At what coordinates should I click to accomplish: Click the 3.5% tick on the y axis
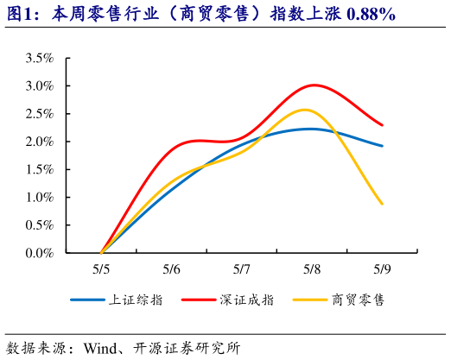(x=40, y=58)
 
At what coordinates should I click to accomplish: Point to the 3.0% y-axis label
(x=40, y=86)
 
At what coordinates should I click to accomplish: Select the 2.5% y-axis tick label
(x=40, y=114)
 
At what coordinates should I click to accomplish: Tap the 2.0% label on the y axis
(x=40, y=142)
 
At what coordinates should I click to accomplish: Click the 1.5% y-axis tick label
(x=40, y=169)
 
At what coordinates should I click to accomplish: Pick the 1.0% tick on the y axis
(x=40, y=198)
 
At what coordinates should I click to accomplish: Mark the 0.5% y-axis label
(x=40, y=225)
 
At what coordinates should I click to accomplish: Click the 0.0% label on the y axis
(x=40, y=253)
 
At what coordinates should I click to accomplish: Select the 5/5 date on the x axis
(x=101, y=268)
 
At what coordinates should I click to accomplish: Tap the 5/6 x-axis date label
(x=171, y=268)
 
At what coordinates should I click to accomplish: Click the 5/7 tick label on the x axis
(x=242, y=268)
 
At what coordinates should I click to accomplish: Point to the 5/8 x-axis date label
(x=312, y=268)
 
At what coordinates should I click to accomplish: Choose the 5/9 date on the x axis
(x=382, y=268)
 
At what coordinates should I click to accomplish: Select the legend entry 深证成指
(x=243, y=300)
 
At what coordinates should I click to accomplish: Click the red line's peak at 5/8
(x=313, y=85)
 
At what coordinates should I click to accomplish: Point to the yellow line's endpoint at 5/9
(x=382, y=204)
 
